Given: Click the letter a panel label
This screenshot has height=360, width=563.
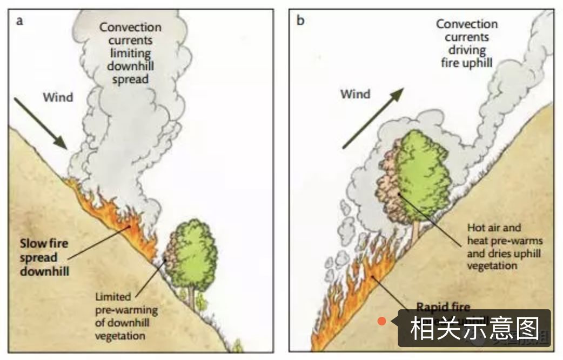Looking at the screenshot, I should pyautogui.click(x=20, y=22).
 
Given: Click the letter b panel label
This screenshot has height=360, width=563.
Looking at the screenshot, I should pyautogui.click(x=300, y=21).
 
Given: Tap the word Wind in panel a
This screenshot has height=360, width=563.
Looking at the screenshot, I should pyautogui.click(x=57, y=98).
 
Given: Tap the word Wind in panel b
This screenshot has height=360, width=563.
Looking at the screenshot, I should pyautogui.click(x=355, y=94).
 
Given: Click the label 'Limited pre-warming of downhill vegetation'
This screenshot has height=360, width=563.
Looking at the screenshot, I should pyautogui.click(x=126, y=316).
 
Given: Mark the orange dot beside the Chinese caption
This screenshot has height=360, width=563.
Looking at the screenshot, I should pyautogui.click(x=382, y=321).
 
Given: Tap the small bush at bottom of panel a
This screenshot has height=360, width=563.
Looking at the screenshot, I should pyautogui.click(x=237, y=345).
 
